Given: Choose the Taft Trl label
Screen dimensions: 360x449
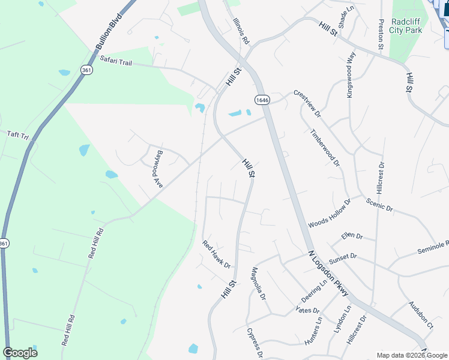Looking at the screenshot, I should pyautogui.click(x=17, y=136).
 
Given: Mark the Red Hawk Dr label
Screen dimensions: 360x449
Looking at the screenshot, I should pyautogui.click(x=217, y=254).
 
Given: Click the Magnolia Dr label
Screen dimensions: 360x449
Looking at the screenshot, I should pyautogui.click(x=259, y=283).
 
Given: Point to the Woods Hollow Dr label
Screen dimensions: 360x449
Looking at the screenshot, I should pyautogui.click(x=329, y=214).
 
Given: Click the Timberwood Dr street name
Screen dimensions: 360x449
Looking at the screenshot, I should pyautogui.click(x=325, y=148).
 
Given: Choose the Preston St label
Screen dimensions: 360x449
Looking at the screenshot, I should pyautogui.click(x=381, y=34).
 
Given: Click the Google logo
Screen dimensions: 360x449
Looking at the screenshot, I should pyautogui.click(x=20, y=353).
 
